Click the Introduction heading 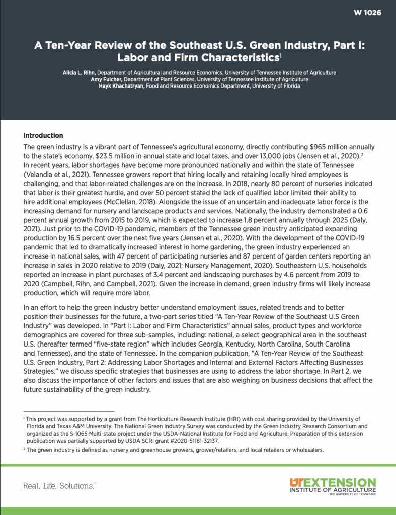pos(43,136)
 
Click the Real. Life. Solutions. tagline pos(60,486)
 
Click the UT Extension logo pos(332,486)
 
